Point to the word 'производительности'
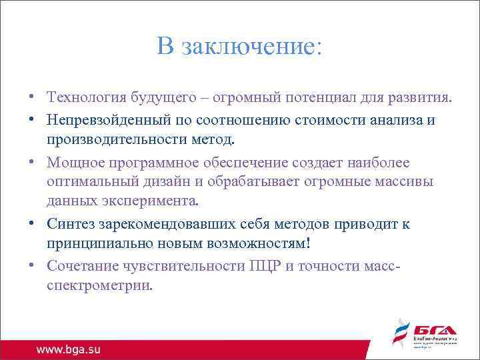[107, 140]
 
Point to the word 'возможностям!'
[256, 243]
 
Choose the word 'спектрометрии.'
[99, 285]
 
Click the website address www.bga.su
[69, 349]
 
